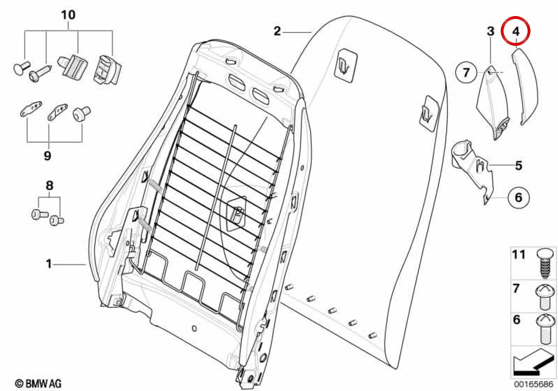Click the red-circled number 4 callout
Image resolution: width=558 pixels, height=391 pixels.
(516, 31)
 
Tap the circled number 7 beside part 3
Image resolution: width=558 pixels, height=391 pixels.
(466, 73)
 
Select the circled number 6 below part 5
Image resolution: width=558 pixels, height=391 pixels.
(519, 198)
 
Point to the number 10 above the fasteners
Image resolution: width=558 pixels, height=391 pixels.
(68, 15)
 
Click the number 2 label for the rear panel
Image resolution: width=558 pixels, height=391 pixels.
(277, 31)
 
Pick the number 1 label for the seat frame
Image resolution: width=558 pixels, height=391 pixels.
(49, 264)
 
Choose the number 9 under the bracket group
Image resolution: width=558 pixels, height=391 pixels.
(47, 156)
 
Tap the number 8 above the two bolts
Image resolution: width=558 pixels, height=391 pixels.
(50, 186)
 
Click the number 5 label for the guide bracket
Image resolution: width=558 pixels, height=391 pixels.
(519, 165)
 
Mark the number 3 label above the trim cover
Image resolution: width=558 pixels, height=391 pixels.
(491, 31)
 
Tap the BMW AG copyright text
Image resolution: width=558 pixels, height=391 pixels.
(38, 384)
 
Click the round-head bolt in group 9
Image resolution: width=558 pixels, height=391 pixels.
(81, 114)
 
